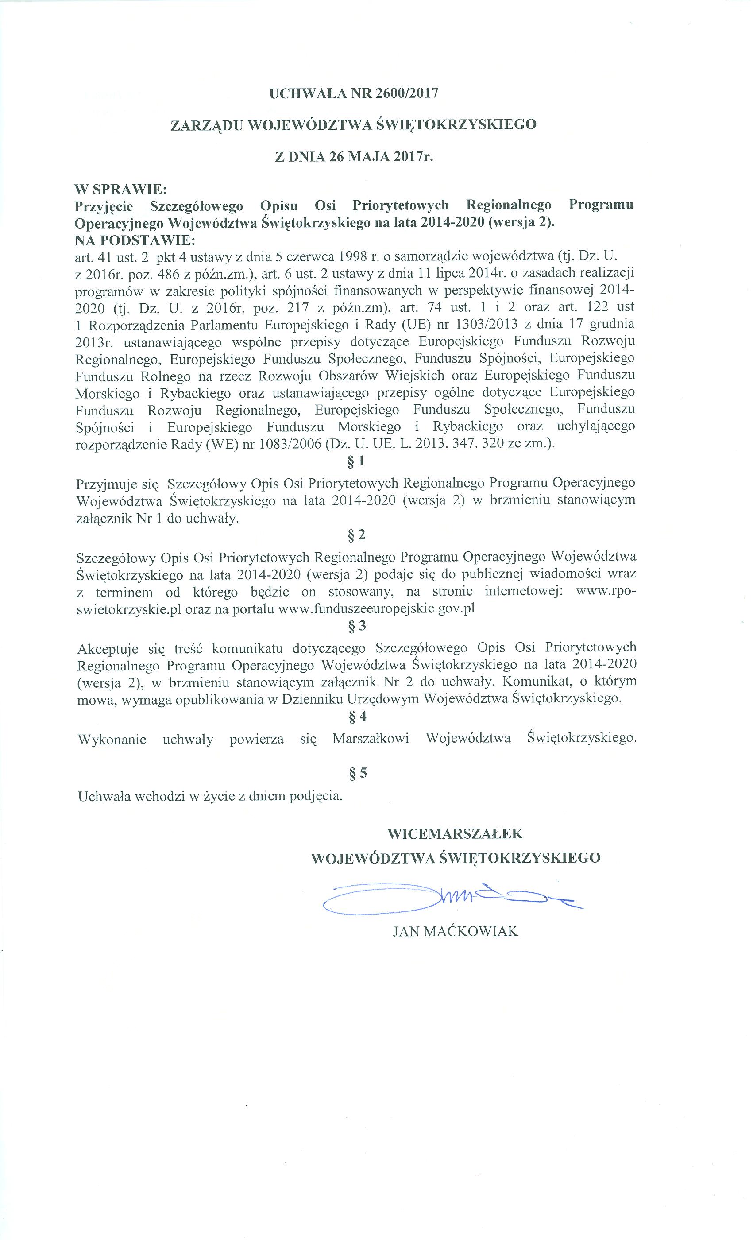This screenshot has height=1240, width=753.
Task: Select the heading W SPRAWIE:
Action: [120, 190]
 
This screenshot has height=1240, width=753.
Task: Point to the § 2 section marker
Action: [356, 535]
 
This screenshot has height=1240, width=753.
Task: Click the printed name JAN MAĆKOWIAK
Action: [455, 931]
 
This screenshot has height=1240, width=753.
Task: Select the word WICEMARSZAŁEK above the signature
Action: [455, 833]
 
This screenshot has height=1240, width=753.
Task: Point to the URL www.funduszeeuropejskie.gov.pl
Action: [376, 608]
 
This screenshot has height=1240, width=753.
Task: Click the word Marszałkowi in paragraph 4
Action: [371, 739]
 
